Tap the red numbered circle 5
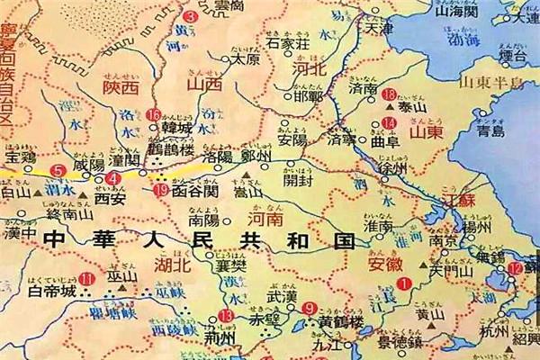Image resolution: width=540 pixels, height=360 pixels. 59,170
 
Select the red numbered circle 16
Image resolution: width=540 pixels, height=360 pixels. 154,115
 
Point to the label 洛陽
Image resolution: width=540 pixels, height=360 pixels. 218,157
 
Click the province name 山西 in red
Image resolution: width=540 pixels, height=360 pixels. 202,84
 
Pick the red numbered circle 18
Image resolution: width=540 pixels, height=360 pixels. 389,94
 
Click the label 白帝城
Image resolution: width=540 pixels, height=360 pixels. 48,292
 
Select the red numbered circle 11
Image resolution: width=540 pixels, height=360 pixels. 86,280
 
